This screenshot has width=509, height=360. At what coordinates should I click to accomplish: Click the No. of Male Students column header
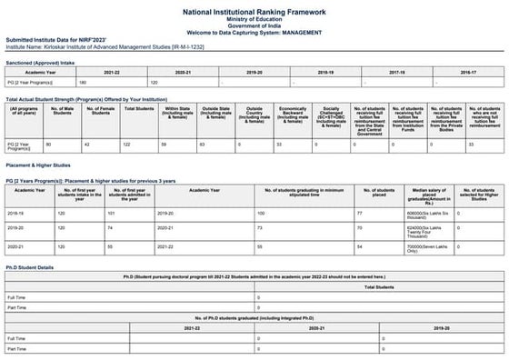pos(61,111)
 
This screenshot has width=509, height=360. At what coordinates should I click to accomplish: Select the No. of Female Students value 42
pos(87,144)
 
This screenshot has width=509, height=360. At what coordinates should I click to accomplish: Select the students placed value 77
pos(361,212)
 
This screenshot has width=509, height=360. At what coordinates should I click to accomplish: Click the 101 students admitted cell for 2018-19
pos(111,212)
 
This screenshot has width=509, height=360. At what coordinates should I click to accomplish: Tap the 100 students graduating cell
pos(262,212)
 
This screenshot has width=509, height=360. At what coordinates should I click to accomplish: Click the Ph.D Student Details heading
pos(30,267)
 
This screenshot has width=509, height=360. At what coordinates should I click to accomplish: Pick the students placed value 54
pos(361,246)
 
